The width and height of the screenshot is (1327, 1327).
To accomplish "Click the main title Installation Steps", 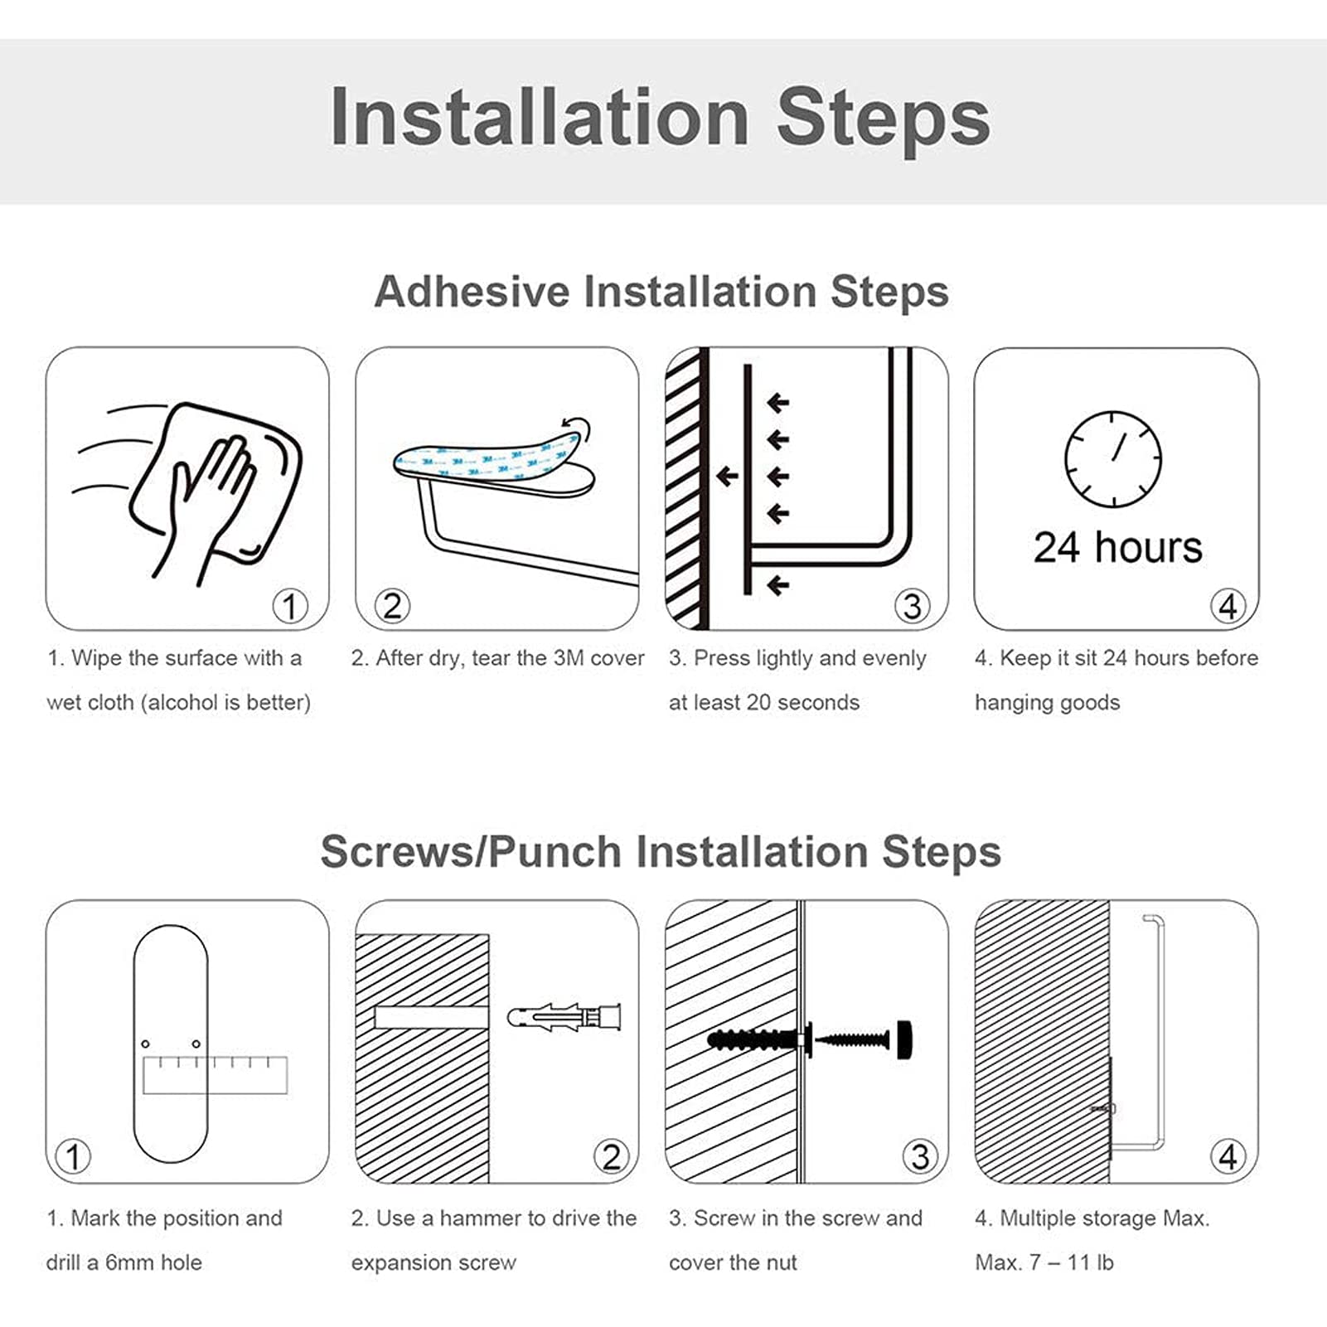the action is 660,118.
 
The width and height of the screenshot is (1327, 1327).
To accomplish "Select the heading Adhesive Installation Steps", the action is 661,292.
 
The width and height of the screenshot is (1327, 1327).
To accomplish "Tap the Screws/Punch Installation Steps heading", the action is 661,852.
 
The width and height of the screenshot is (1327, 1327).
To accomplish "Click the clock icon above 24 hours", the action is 1113,459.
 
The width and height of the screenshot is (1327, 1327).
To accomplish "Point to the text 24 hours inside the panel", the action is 1117,548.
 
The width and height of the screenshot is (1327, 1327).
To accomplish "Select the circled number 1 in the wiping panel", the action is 290,606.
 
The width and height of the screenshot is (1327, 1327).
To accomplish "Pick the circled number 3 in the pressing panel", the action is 912,606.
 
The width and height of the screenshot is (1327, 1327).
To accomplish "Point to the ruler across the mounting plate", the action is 216,1075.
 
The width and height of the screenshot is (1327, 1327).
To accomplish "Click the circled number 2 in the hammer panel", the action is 612,1156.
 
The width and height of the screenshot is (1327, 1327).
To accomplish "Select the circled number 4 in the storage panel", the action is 1228,1156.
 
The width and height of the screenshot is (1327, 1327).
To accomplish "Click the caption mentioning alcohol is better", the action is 178,703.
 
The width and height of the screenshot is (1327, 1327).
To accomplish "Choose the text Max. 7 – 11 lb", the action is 1044,1263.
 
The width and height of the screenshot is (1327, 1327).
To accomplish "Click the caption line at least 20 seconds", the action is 764,703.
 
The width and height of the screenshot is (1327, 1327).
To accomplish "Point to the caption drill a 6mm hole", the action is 124,1263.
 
